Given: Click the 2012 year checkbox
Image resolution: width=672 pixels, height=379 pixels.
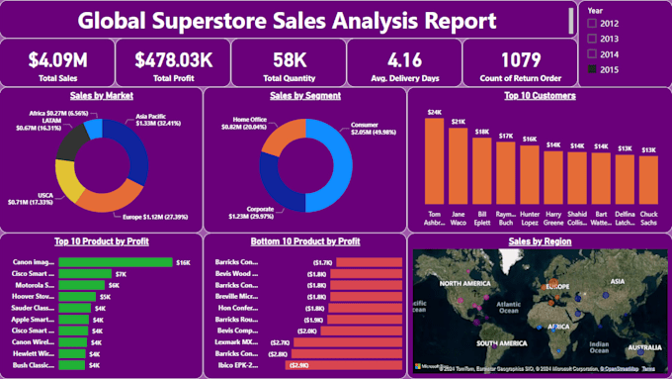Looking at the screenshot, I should click(x=592, y=21).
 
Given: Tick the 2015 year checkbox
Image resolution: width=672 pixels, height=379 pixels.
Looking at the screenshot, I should click(x=592, y=68).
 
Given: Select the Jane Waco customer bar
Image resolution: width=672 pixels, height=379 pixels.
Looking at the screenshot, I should click(x=460, y=169).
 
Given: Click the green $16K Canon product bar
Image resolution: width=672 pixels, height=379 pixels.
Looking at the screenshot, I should click(x=115, y=262).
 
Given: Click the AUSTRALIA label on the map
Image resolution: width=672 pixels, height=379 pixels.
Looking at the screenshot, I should click(x=645, y=347).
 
